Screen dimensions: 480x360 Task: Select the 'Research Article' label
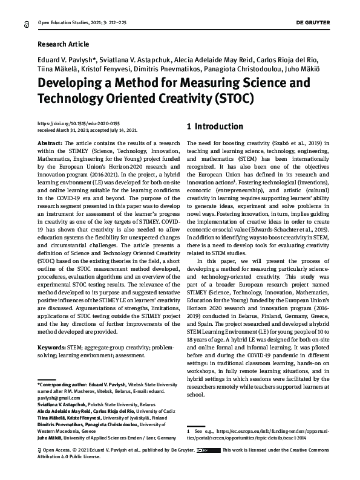(63, 44)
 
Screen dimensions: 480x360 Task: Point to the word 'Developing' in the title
(75, 81)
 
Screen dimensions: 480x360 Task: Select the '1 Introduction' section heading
(215, 127)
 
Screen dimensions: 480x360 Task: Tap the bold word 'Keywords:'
(55, 348)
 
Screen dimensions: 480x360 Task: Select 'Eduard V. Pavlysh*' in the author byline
(67, 60)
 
